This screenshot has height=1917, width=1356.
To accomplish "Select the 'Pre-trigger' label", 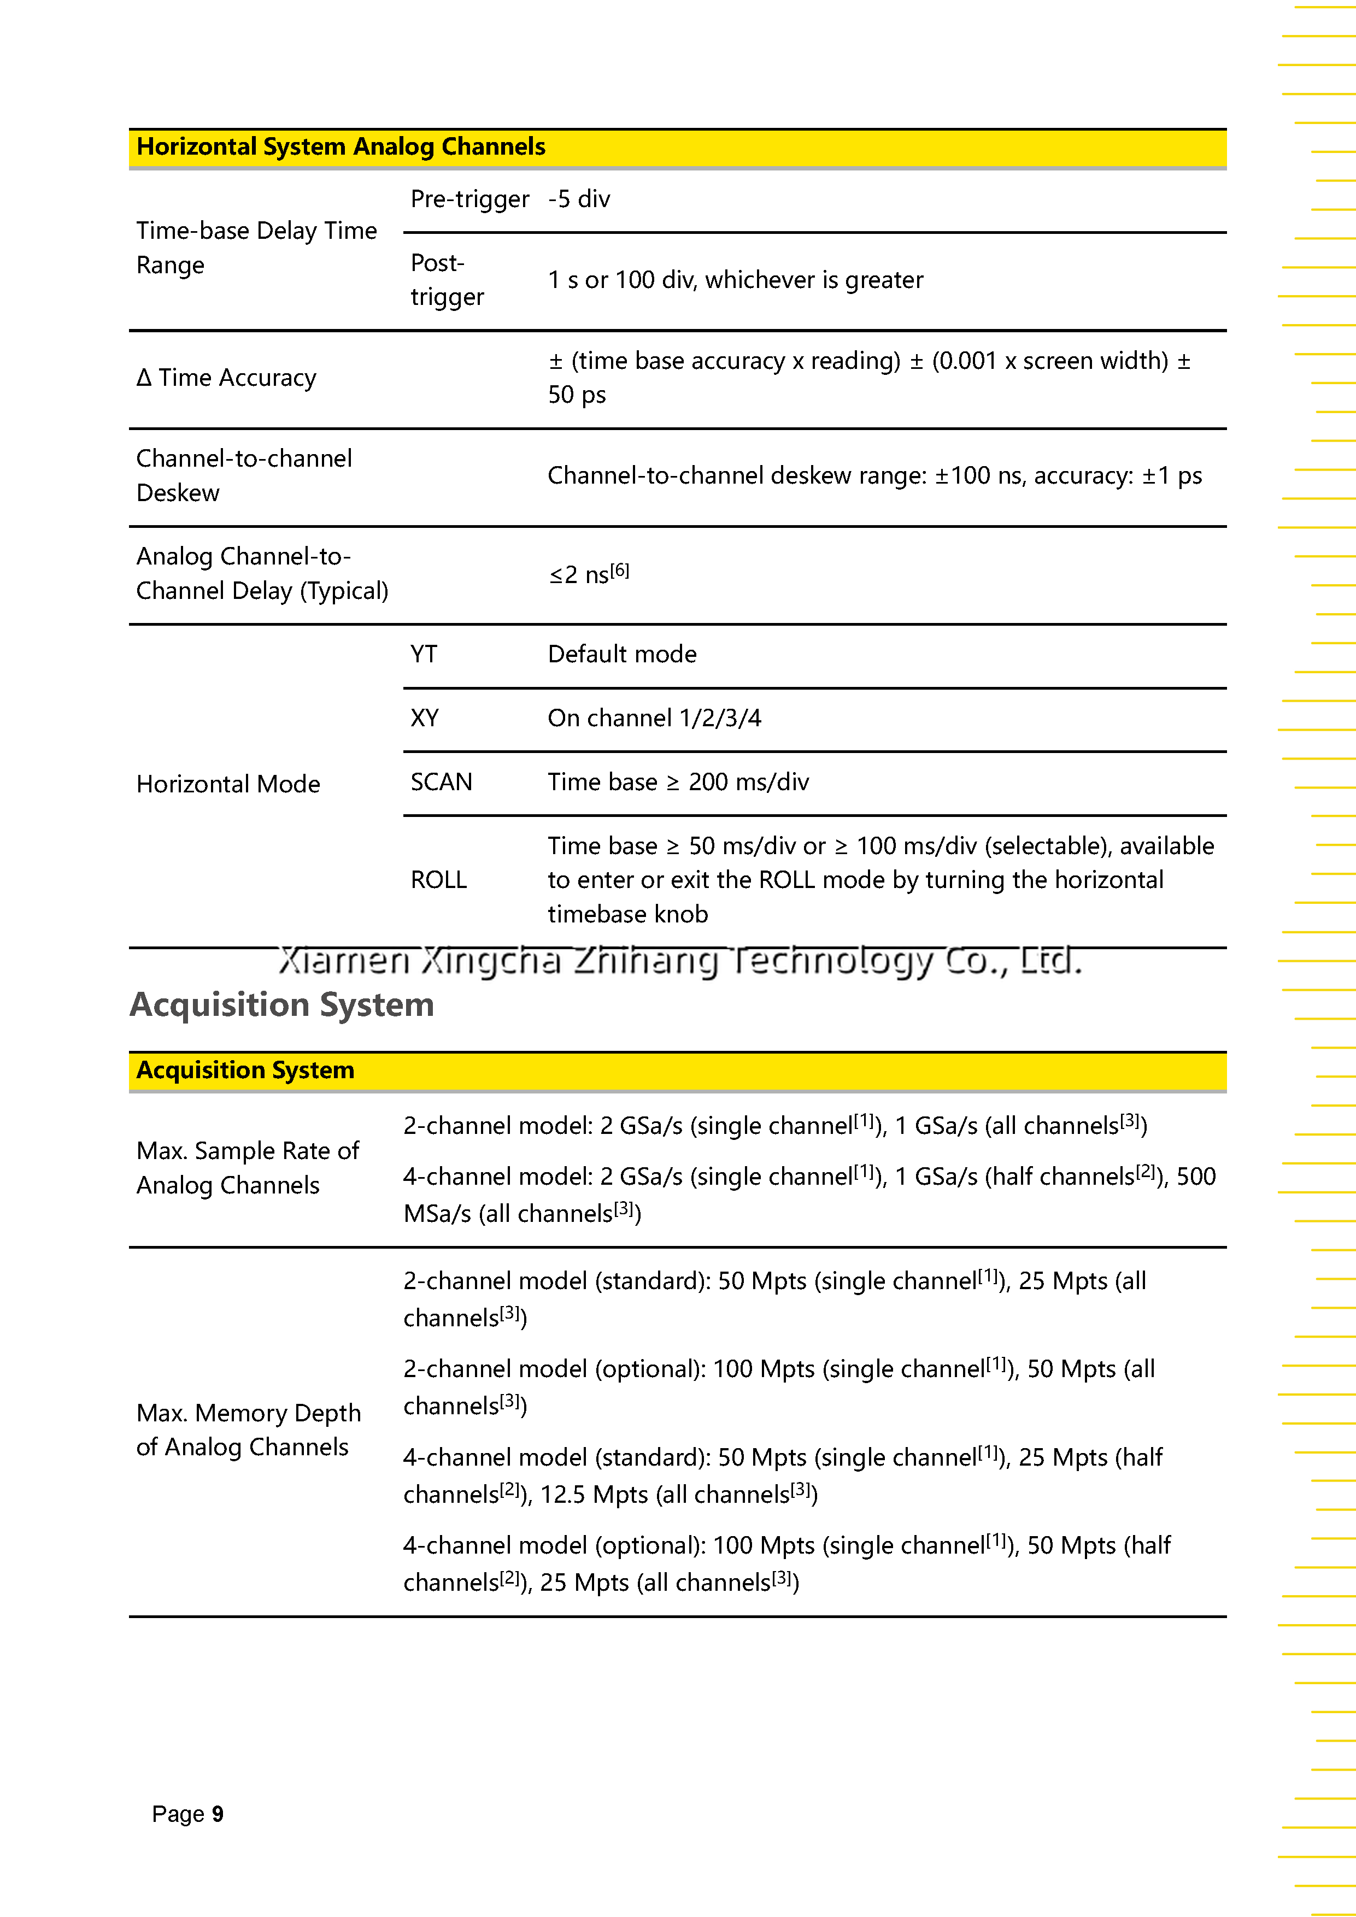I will click(469, 199).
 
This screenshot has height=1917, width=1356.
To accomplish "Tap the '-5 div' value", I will click(579, 199).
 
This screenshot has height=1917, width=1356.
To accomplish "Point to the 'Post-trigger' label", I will click(447, 280).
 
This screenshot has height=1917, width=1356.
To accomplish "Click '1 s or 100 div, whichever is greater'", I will click(735, 280).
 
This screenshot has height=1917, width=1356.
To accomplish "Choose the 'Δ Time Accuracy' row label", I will click(226, 378).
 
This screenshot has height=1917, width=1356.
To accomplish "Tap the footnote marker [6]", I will click(620, 571).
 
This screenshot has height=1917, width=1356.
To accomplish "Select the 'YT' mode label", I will click(424, 654).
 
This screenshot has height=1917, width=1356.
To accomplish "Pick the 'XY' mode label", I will click(424, 718).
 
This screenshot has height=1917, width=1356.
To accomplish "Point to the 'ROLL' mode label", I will click(438, 880).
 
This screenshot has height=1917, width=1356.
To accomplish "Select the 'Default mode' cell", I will click(622, 654).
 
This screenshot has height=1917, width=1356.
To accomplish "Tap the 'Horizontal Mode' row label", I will click(228, 784).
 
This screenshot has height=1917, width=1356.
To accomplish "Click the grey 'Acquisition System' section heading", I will click(281, 1004).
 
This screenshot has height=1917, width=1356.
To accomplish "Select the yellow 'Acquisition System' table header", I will click(245, 1071).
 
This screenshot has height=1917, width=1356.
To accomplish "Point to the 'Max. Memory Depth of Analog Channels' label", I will click(248, 1430).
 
